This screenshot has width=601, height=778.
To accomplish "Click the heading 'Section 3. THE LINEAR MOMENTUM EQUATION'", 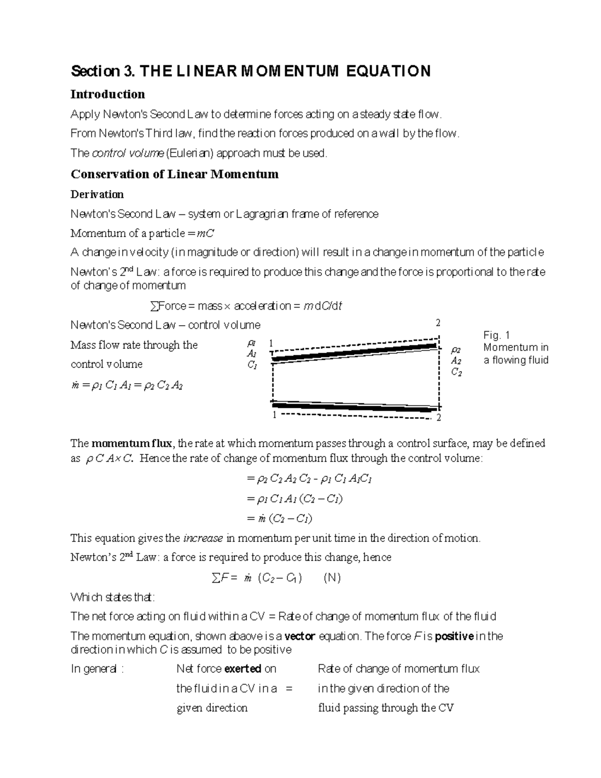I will [x=250, y=71].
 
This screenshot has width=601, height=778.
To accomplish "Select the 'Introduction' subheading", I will [x=108, y=94].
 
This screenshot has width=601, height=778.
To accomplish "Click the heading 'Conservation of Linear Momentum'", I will [x=174, y=174].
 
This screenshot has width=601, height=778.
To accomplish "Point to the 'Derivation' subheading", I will [x=97, y=194].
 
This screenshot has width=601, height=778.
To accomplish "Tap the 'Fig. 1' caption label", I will [x=496, y=335].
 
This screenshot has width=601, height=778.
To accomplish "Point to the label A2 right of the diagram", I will [x=456, y=361].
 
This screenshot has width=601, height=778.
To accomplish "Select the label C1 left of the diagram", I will [x=252, y=365].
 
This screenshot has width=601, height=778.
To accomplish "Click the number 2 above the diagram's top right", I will [x=438, y=323].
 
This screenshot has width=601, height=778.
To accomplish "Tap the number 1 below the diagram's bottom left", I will [x=274, y=416].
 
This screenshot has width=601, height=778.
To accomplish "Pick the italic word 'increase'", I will [x=203, y=539].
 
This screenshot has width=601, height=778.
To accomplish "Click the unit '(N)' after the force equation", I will [x=332, y=578].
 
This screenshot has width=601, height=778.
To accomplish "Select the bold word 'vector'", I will [x=299, y=636].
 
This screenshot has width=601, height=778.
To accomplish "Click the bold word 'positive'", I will [x=454, y=636].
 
